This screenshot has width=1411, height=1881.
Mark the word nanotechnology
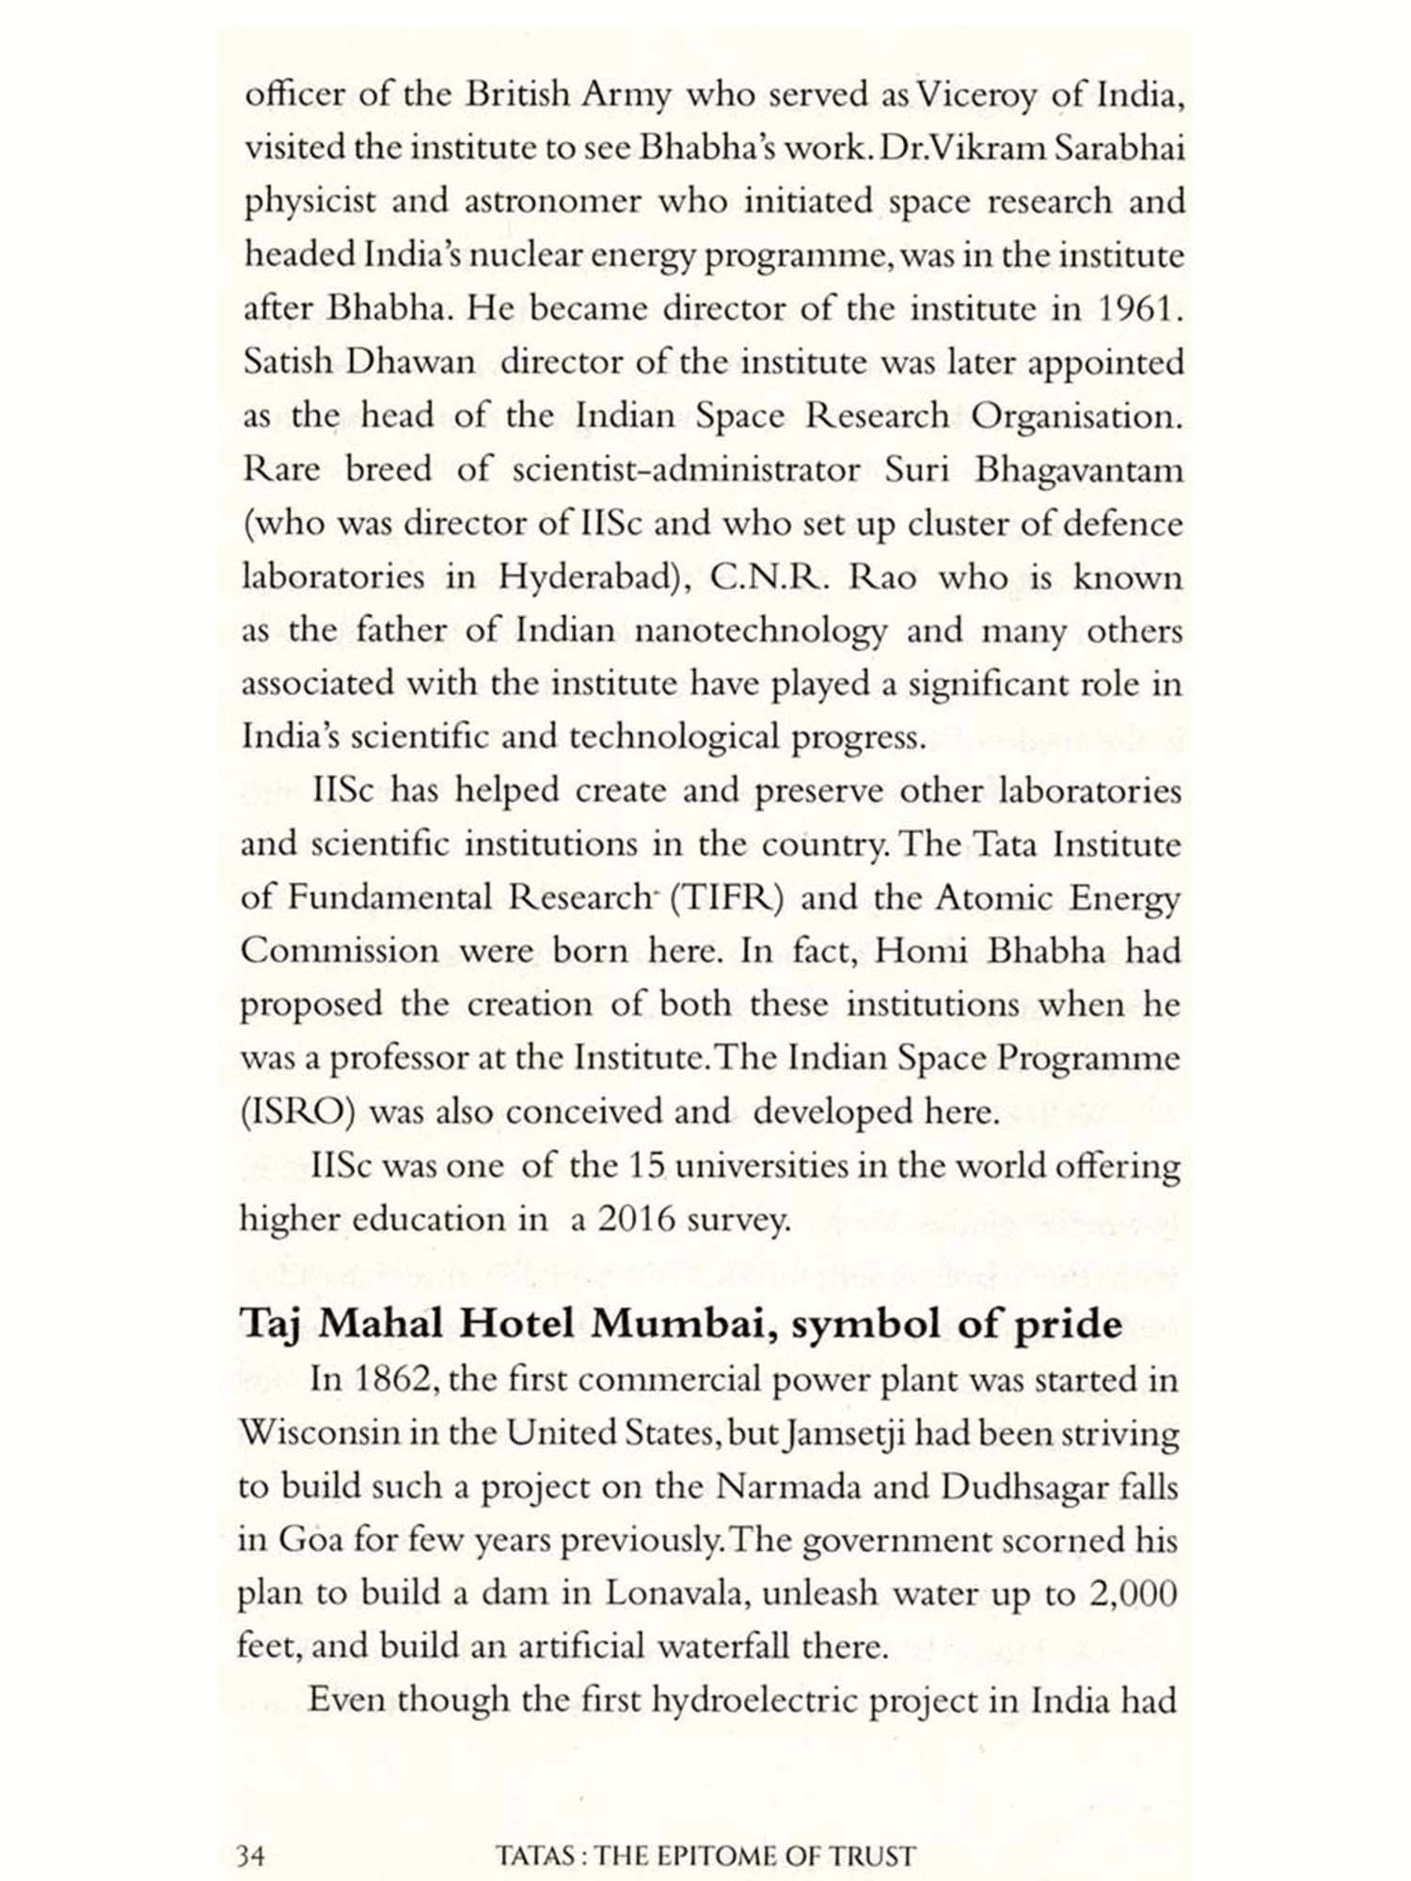(x=760, y=631)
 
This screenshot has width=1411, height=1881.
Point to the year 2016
(x=637, y=1220)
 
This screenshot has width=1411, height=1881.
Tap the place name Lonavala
(x=675, y=1594)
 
